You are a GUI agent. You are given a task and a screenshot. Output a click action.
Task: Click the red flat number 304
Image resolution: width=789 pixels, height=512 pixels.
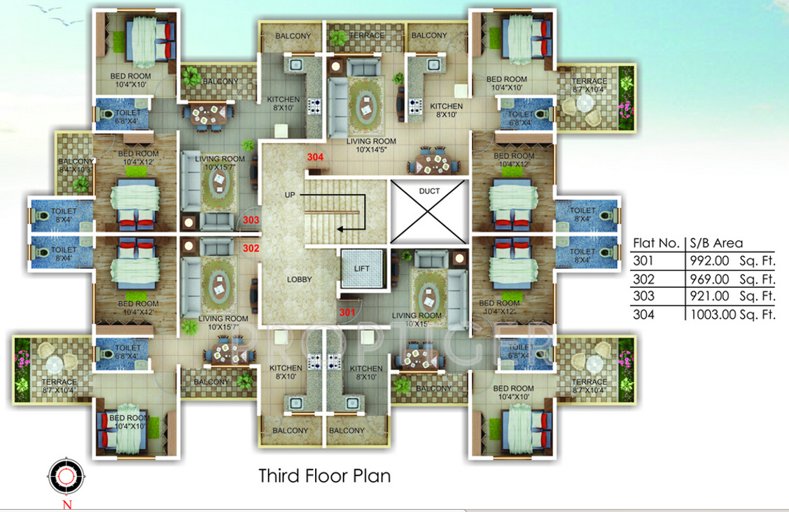pyautogui.click(x=315, y=157)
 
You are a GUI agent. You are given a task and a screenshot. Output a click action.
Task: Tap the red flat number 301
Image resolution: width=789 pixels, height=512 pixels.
pyautogui.click(x=347, y=312)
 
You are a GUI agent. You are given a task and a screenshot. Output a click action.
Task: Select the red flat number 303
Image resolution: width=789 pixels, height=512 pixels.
pyautogui.click(x=251, y=220)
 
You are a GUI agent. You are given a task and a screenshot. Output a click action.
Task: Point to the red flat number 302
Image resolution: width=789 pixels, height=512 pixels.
pyautogui.click(x=251, y=248)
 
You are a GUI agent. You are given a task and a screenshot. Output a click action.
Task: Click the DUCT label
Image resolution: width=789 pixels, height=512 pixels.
pyautogui.click(x=429, y=191)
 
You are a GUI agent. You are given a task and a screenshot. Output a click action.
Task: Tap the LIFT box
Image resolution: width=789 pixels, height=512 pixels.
pyautogui.click(x=362, y=268)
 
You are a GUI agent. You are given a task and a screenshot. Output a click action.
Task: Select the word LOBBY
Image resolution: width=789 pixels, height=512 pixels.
pyautogui.click(x=299, y=279)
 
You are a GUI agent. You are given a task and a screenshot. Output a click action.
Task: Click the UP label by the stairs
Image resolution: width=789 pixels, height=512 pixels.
pyautogui.click(x=290, y=194)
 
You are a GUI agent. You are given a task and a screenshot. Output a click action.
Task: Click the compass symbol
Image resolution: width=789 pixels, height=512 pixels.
pyautogui.click(x=65, y=476)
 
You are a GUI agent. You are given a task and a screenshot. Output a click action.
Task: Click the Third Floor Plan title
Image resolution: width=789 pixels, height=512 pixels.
pyautogui.click(x=325, y=476)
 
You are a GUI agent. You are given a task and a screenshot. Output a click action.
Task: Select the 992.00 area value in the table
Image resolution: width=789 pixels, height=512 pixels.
pyautogui.click(x=711, y=261)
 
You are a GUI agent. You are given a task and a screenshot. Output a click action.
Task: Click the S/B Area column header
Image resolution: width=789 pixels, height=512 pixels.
pyautogui.click(x=717, y=243)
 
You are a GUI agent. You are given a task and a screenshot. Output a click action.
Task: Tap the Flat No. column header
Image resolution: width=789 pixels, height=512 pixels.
pyautogui.click(x=656, y=243)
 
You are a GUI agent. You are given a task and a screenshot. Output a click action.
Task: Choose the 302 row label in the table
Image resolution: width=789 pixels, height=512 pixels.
pyautogui.click(x=643, y=279)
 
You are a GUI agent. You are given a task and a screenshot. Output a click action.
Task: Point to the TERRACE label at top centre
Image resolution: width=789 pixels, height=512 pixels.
pyautogui.click(x=366, y=35)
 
